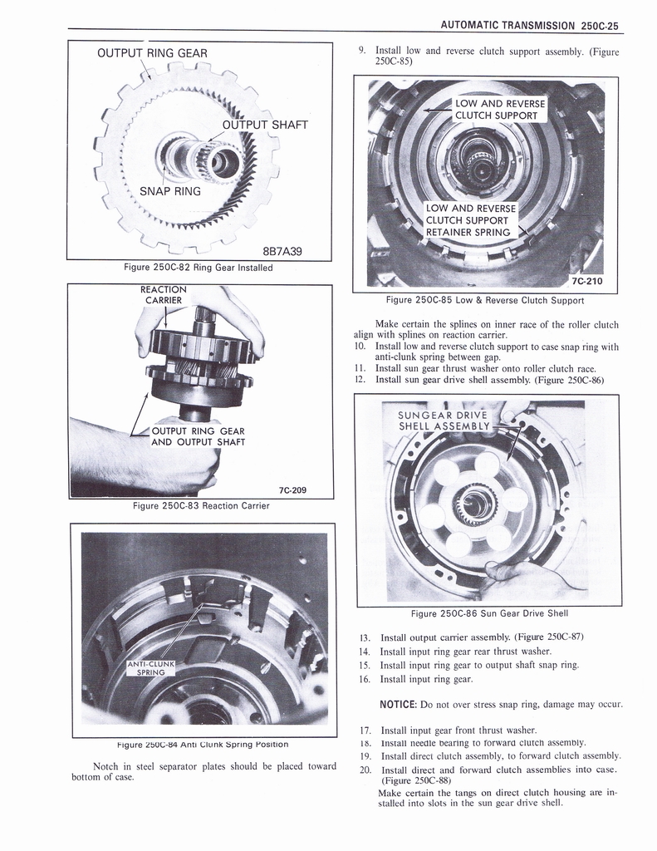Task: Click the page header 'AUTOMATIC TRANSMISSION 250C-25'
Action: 531,25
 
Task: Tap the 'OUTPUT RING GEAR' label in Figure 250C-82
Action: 152,54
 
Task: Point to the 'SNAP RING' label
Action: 169,191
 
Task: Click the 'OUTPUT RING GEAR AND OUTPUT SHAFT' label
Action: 197,436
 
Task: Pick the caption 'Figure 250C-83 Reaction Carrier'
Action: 203,505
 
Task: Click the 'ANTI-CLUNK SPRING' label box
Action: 149,667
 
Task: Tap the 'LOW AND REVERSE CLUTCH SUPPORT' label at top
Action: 500,109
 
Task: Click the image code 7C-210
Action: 587,280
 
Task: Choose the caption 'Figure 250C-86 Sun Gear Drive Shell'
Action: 489,613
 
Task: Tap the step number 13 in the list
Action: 364,637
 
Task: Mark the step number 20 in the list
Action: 365,770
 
